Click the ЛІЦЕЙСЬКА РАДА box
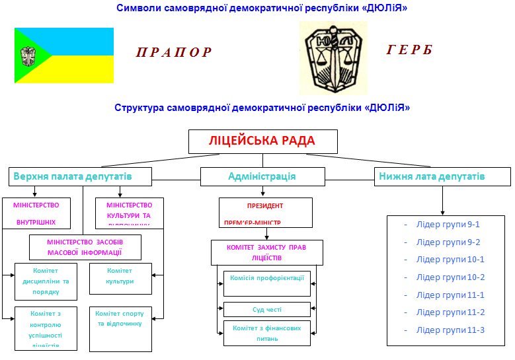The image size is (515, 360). (x=262, y=141)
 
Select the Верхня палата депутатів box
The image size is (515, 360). (x=81, y=176)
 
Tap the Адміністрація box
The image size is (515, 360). (x=262, y=176)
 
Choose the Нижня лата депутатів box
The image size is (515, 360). (x=442, y=176)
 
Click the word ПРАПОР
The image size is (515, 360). (x=175, y=53)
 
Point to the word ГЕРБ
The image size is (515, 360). (x=410, y=50)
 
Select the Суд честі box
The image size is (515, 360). (x=267, y=309)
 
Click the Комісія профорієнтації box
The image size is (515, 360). (x=267, y=283)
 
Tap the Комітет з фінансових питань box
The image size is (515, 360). (x=267, y=333)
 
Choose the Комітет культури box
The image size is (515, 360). (x=120, y=277)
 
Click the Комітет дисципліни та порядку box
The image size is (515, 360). (x=46, y=281)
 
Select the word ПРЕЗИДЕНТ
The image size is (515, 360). (x=265, y=206)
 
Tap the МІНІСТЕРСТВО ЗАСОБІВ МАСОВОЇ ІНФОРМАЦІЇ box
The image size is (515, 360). (x=85, y=247)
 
